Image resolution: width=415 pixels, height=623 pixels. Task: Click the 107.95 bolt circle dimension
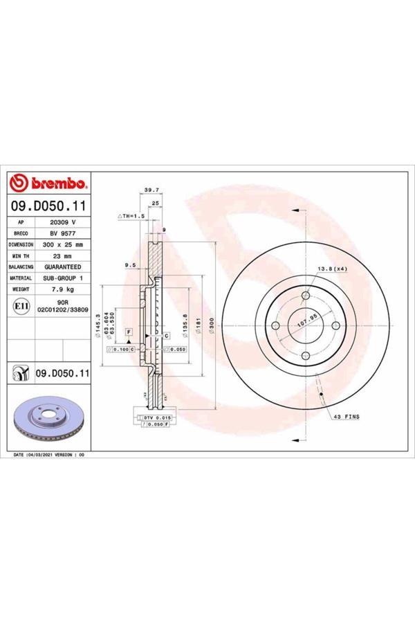[306, 322]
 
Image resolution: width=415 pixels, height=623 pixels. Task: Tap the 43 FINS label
[346, 417]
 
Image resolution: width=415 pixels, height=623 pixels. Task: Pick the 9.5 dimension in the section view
[129, 264]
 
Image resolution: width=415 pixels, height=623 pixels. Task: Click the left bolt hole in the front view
[275, 326]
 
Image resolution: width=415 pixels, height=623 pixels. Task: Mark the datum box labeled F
[129, 333]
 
